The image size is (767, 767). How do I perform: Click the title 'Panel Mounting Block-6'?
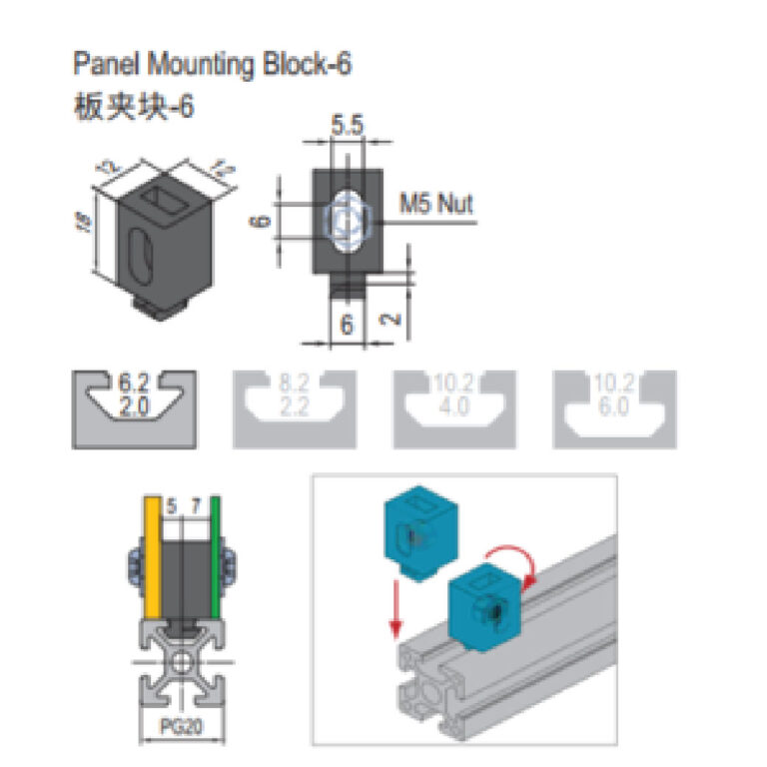(x=213, y=65)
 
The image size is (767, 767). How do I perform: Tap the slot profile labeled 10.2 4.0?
(x=456, y=408)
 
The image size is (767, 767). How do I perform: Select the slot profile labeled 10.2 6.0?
(x=615, y=408)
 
